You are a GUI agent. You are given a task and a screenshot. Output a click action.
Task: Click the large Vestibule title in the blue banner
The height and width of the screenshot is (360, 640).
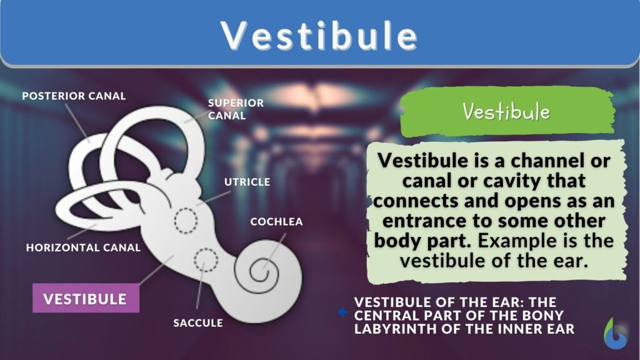tap(319, 35)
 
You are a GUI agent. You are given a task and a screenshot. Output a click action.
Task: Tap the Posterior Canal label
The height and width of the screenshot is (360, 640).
tap(74, 96)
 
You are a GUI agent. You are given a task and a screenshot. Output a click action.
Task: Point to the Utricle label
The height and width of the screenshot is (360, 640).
tap(247, 182)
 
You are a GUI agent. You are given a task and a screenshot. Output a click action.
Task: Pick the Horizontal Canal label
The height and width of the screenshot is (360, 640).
tap(83, 247)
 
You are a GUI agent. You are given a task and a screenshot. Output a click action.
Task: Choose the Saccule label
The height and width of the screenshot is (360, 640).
tap(198, 323)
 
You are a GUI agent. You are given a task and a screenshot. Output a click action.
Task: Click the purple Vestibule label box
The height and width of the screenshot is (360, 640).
tap(86, 299)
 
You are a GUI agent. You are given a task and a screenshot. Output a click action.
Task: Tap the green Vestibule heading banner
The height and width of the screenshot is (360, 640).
tap(506, 112)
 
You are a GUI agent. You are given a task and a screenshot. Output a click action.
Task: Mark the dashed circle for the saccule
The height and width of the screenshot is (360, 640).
tap(206, 260)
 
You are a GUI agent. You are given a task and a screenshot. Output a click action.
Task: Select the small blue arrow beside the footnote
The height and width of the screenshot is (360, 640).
tap(342, 312)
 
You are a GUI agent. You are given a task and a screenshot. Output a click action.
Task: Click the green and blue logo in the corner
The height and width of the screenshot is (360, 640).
tap(616, 334)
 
